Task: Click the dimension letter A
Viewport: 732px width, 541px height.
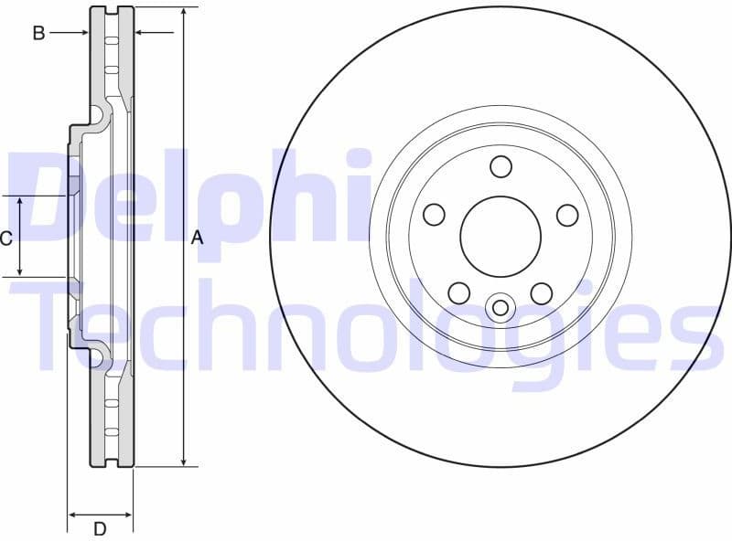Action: (x=195, y=239)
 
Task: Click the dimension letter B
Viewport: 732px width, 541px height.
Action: (x=38, y=33)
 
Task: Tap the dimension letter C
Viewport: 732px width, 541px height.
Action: (x=5, y=239)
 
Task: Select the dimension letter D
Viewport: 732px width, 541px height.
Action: (x=100, y=528)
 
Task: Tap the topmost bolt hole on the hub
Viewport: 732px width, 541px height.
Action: (x=501, y=166)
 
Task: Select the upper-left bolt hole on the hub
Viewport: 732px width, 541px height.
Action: (x=434, y=215)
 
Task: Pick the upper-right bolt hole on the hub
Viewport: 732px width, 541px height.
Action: (x=567, y=215)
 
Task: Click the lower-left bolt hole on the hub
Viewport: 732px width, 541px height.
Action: (x=458, y=292)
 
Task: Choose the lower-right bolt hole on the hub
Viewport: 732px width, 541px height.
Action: (x=542, y=292)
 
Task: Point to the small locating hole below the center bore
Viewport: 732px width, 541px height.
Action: (x=500, y=307)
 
